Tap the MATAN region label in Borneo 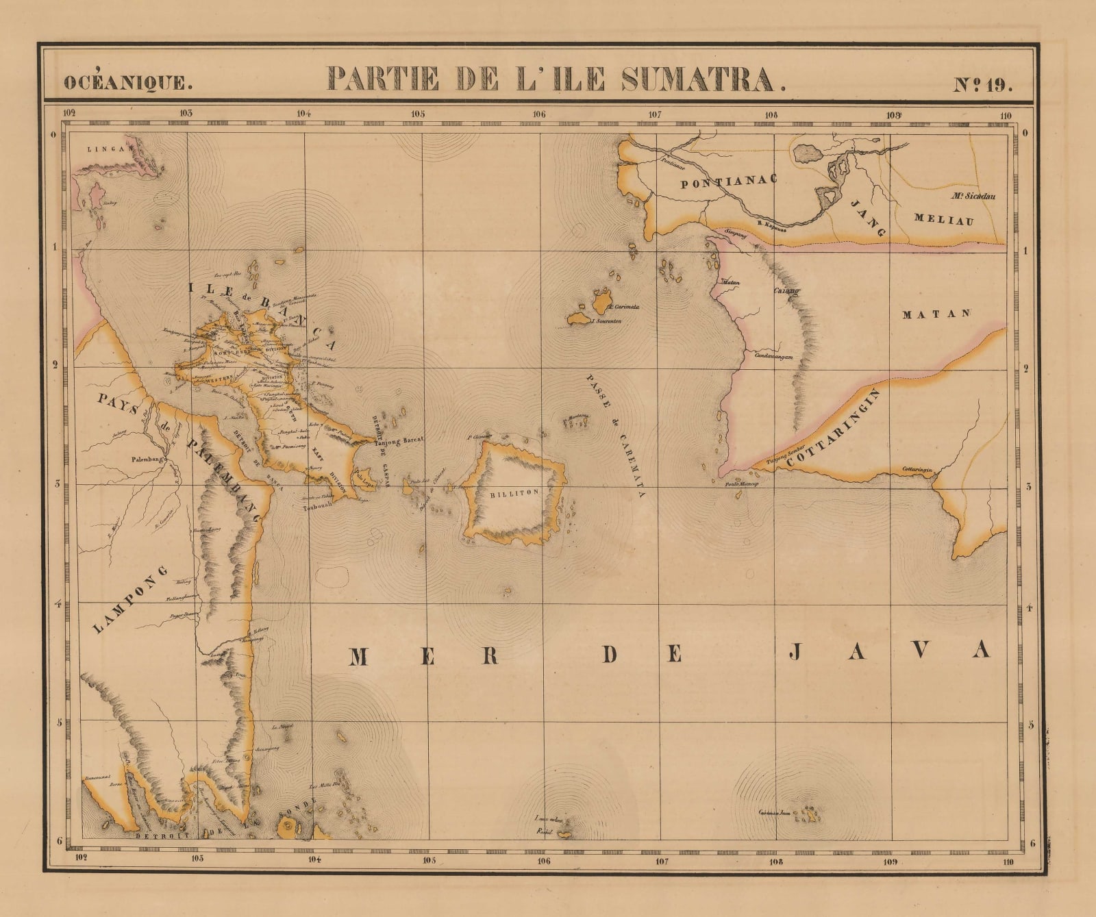(x=936, y=314)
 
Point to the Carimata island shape (x=602, y=301)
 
